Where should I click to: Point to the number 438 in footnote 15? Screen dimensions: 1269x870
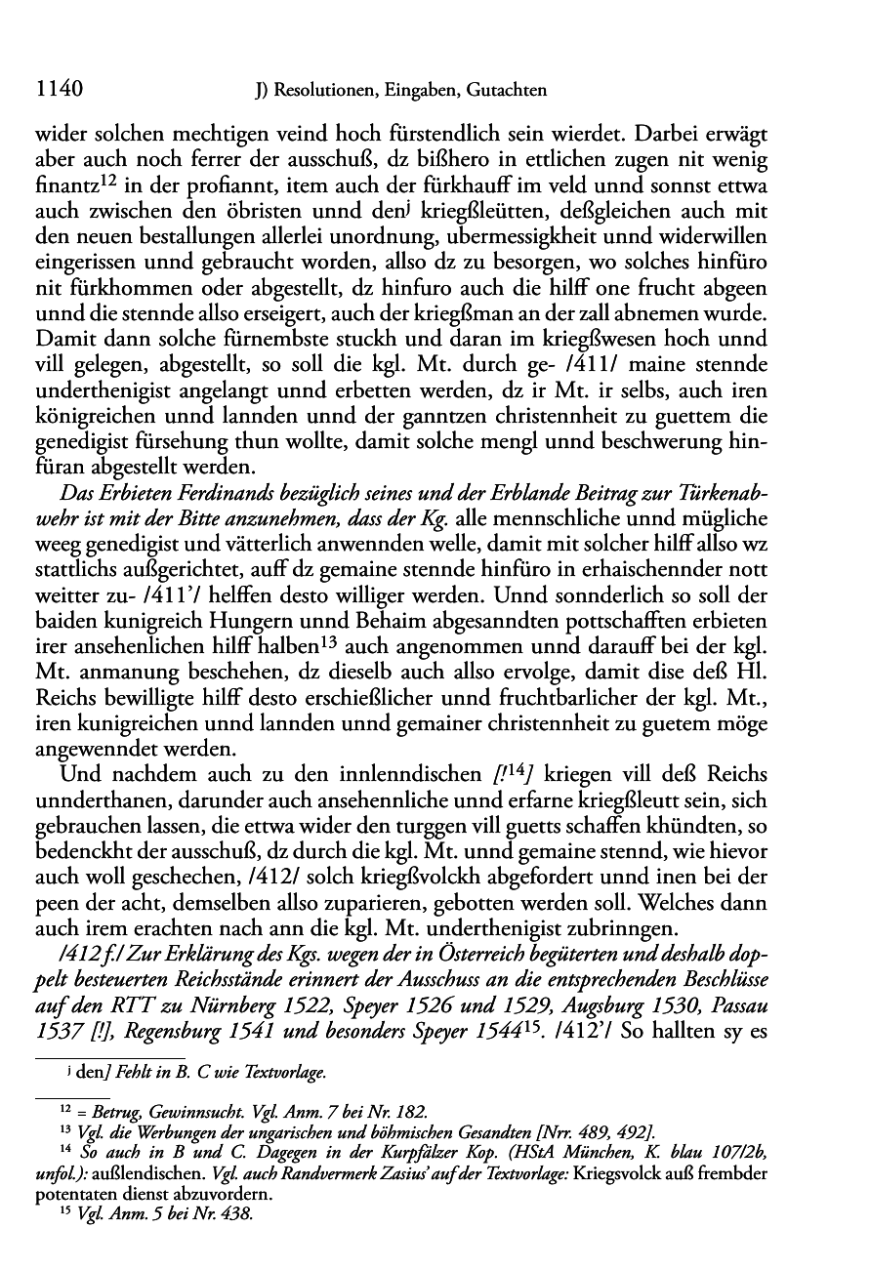coord(237,1214)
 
